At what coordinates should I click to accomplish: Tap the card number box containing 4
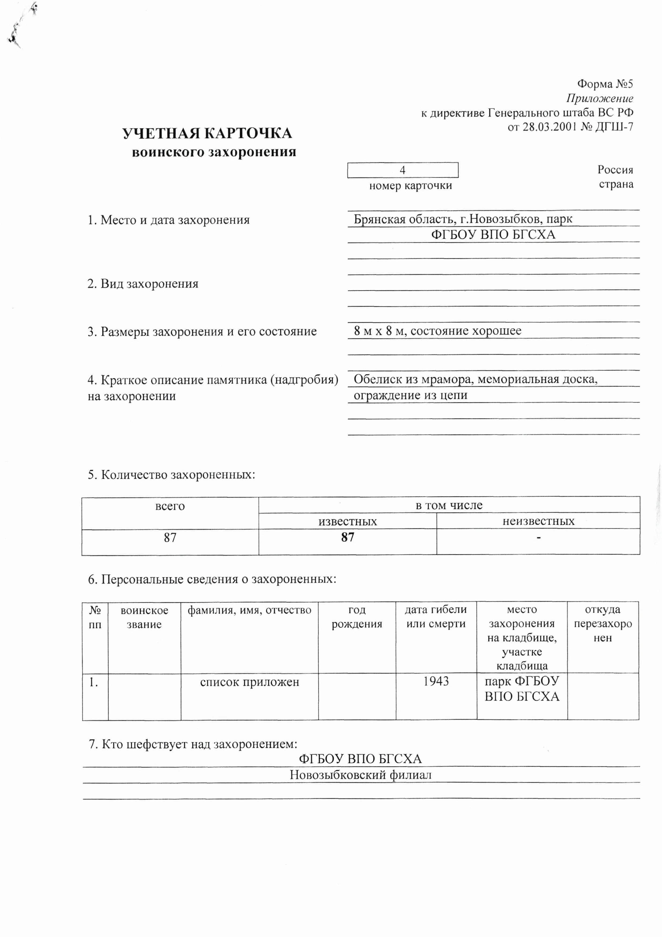pos(403,170)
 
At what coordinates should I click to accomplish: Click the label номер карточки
pos(410,186)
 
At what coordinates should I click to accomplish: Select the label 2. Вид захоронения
pos(143,284)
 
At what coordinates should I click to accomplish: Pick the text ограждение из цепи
pos(410,395)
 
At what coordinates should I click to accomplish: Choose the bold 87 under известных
pos(348,537)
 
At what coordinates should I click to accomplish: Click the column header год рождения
pos(357,617)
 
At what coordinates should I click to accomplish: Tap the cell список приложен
pos(250,682)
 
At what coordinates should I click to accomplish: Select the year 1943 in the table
pos(436,681)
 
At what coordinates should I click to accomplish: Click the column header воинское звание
pos(144,617)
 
